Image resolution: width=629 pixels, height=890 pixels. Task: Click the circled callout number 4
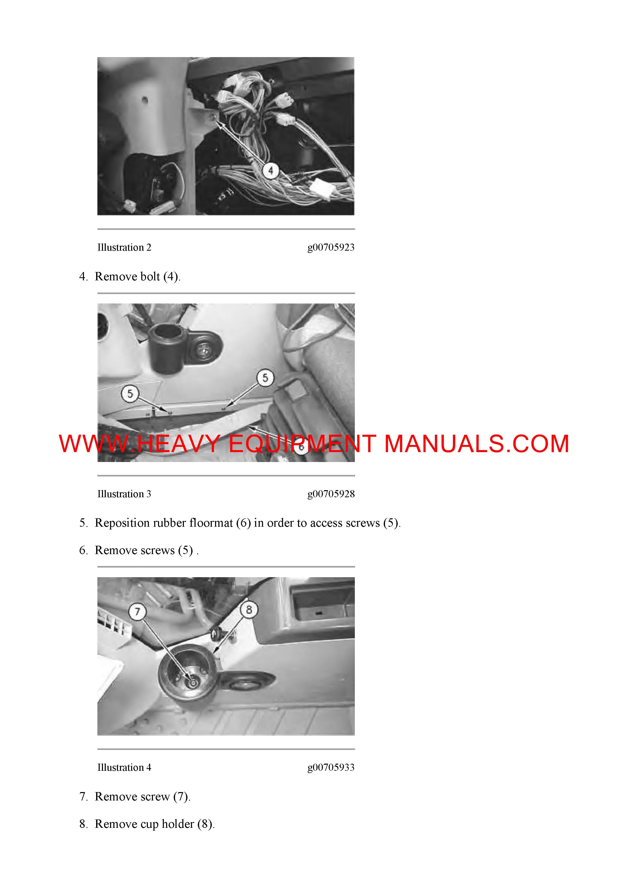click(x=271, y=170)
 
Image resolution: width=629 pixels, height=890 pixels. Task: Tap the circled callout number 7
click(x=137, y=612)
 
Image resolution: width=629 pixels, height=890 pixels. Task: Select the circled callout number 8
click(x=249, y=610)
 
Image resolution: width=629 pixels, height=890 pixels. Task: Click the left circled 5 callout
click(x=130, y=394)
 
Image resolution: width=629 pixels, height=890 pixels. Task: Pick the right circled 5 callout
click(x=265, y=378)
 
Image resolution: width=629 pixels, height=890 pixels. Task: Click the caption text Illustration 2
click(x=124, y=247)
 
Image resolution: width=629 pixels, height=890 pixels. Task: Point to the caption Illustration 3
click(x=124, y=494)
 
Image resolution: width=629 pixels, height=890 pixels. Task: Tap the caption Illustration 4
click(x=124, y=767)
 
